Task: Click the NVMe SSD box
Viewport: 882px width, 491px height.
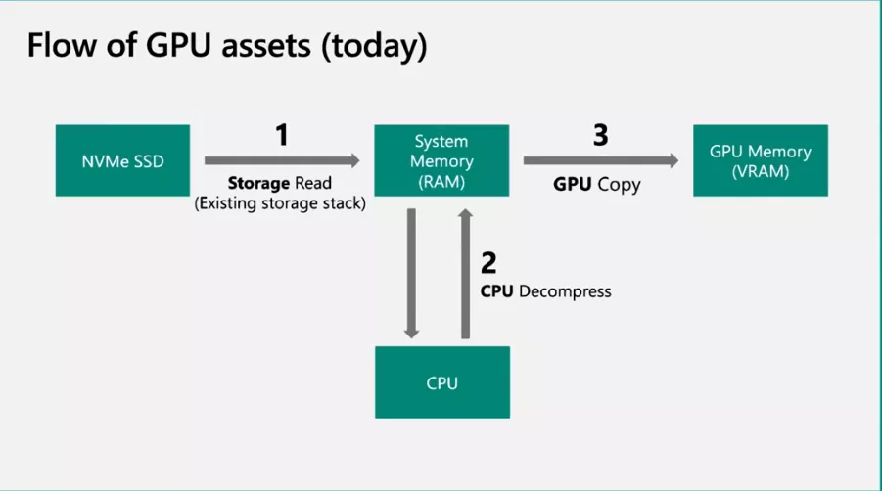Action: (122, 160)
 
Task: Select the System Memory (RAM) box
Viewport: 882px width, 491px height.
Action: (442, 160)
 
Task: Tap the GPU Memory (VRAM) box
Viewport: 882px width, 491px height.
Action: (760, 160)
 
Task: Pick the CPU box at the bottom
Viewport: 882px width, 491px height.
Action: (442, 382)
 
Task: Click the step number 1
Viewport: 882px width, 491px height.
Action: (282, 135)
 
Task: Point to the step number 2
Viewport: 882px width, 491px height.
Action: (489, 262)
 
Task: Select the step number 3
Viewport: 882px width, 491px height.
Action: (600, 135)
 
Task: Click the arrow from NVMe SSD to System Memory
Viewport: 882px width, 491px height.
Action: (282, 159)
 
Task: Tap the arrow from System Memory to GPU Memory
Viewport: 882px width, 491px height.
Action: (600, 159)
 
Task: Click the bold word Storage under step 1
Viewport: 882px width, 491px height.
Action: (256, 183)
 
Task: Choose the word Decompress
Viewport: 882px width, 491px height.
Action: (565, 290)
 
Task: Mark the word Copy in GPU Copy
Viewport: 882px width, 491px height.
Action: (620, 184)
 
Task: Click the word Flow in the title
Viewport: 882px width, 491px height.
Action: (64, 45)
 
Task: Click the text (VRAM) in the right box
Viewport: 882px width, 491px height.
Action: (760, 170)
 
